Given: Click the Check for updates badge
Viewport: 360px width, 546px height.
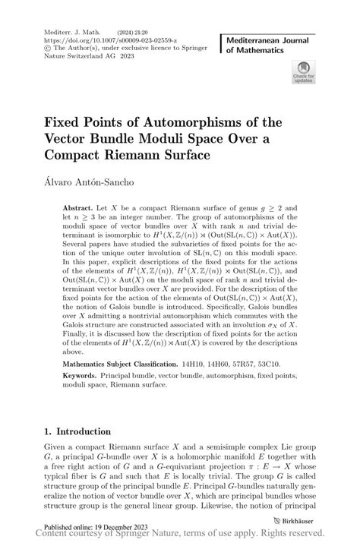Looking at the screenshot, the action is pos(303,73).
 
